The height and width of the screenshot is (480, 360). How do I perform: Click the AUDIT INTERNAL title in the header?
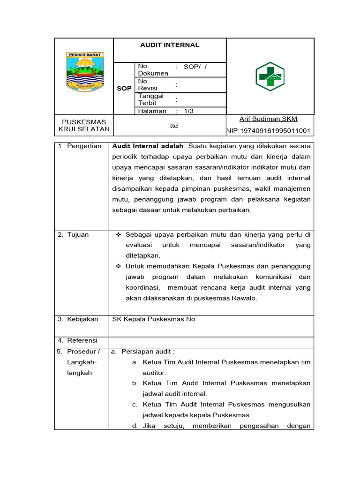[x=170, y=45]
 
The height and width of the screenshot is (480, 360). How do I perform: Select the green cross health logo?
[x=270, y=76]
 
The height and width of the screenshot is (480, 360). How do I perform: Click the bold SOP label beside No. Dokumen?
[x=124, y=88]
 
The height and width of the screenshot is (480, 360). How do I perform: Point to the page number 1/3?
[x=189, y=111]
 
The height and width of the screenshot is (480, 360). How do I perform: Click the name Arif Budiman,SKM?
[x=268, y=119]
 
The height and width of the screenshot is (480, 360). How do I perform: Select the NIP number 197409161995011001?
[x=269, y=131]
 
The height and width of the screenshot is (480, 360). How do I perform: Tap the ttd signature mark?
[x=173, y=126]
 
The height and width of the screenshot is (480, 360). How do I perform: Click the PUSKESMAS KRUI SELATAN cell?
[x=84, y=125]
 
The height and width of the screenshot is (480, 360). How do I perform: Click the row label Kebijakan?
[x=82, y=319]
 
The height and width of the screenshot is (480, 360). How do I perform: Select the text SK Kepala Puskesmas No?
[x=153, y=319]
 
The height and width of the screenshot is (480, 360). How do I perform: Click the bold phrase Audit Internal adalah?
[x=149, y=146]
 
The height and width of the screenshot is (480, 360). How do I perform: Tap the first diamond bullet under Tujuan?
[x=119, y=234]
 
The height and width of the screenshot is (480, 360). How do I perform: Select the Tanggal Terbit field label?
[x=148, y=99]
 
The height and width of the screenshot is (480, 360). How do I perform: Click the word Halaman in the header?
[x=152, y=111]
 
